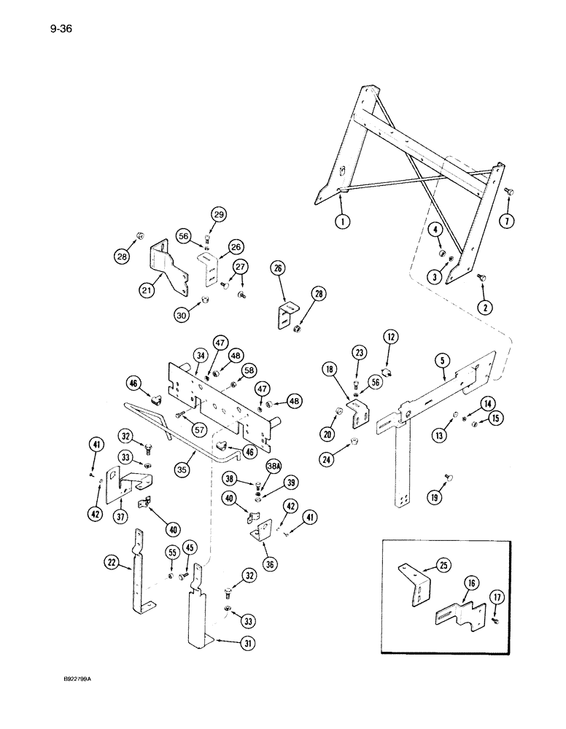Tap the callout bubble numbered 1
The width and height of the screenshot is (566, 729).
(342, 221)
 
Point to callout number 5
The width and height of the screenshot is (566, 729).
(441, 360)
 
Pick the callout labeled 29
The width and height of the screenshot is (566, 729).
(219, 214)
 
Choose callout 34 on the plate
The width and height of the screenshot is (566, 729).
(180, 356)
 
